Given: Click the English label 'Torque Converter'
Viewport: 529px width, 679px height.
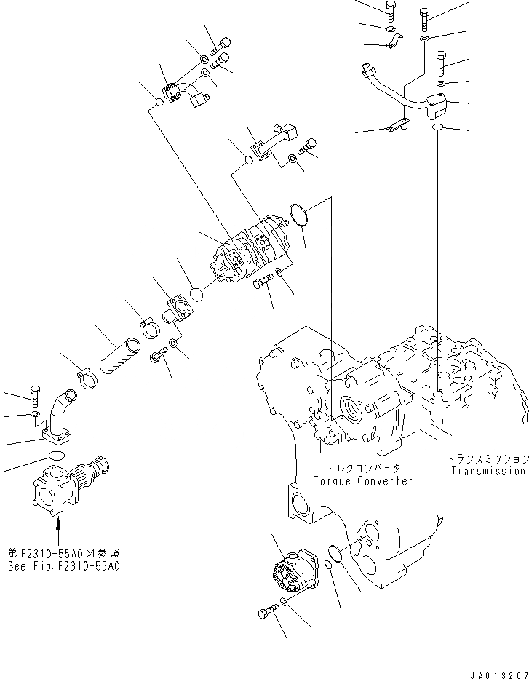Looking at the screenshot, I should coord(363,481).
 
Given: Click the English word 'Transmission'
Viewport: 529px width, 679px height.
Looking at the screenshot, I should coord(487,471).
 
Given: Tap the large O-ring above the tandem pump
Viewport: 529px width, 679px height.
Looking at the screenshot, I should coord(299,213).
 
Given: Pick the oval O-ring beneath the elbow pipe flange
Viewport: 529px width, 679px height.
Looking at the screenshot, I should coord(55,455).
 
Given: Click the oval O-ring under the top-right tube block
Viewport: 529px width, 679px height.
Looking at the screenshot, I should coord(438,128).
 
